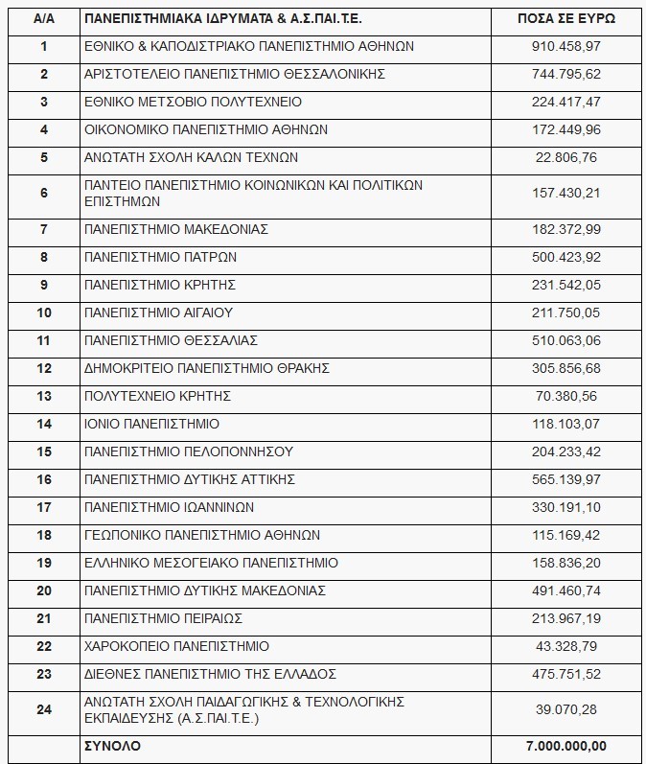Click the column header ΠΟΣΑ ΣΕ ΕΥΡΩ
click(566, 18)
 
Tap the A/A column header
click(43, 18)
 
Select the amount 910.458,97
click(566, 46)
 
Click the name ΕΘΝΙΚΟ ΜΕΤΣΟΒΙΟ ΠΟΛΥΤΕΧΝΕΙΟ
click(193, 102)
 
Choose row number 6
click(43, 194)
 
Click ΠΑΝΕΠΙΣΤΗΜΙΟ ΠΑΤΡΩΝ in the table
click(160, 257)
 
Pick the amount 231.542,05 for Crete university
click(566, 285)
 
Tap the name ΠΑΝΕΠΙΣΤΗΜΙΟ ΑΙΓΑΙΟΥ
click(158, 313)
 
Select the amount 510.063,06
click(566, 340)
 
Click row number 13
click(43, 396)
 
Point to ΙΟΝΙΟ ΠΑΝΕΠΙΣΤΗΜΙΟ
click(151, 424)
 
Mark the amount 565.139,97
click(566, 479)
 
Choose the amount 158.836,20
click(566, 563)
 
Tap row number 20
click(43, 590)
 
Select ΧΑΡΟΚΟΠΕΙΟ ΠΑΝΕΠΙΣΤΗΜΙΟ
click(176, 646)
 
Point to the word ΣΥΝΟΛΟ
click(112, 745)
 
